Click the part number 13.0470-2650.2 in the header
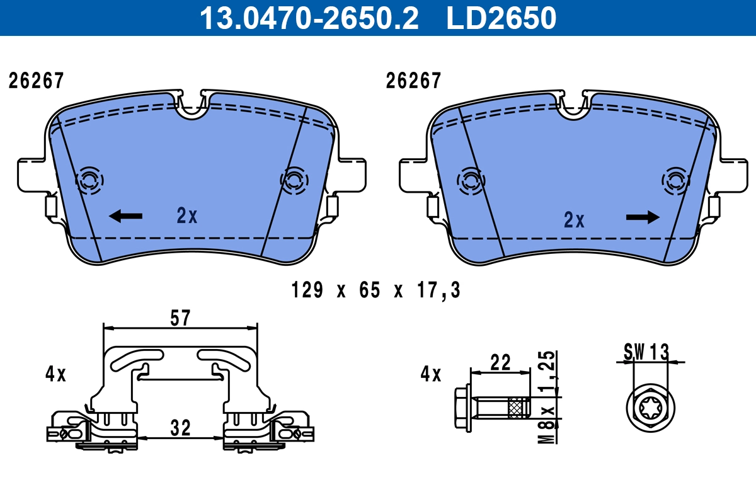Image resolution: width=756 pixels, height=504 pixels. click(309, 18)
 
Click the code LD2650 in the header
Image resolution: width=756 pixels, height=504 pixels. click(501, 18)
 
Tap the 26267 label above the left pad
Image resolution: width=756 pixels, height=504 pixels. click(36, 81)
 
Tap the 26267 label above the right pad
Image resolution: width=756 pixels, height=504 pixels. click(413, 81)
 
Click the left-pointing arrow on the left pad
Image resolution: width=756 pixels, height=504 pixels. click(125, 217)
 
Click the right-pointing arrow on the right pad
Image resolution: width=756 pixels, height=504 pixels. click(643, 217)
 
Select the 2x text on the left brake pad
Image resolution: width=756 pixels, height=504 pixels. click(187, 217)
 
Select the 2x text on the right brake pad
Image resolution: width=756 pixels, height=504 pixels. click(574, 220)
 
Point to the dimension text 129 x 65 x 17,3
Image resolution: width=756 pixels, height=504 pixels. click(376, 290)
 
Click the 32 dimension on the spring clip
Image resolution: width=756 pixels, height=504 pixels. click(181, 428)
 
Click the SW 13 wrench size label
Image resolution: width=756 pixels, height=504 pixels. click(647, 351)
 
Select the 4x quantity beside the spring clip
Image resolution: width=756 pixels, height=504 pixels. click(55, 374)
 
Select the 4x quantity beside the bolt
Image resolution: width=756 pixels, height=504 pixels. click(431, 374)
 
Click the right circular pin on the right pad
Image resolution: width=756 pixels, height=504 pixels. click(676, 181)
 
